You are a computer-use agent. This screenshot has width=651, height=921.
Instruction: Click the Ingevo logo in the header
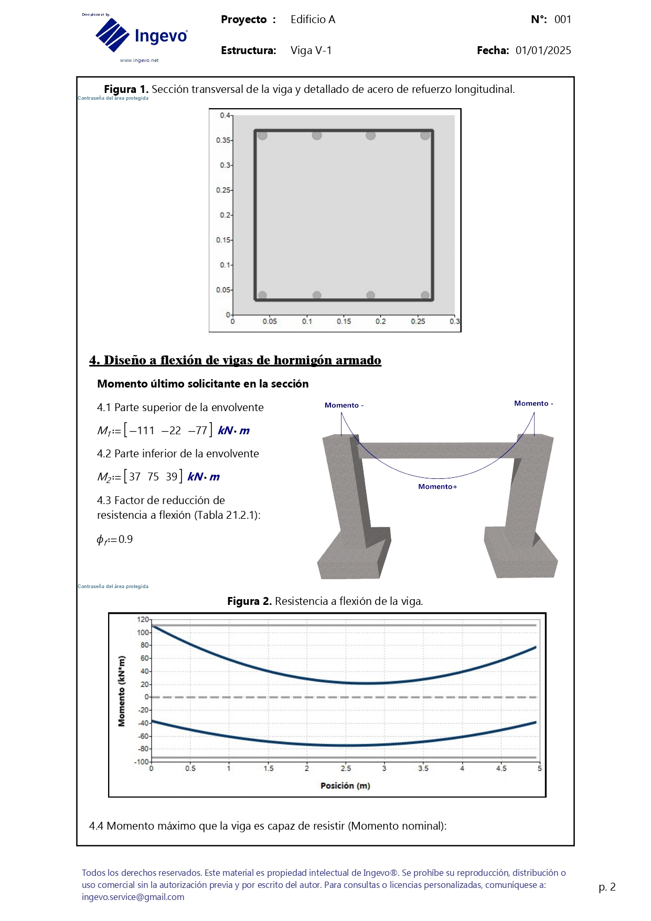click(x=141, y=36)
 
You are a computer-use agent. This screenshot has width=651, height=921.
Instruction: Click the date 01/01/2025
click(x=543, y=50)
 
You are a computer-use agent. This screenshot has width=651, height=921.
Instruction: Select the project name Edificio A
click(x=313, y=19)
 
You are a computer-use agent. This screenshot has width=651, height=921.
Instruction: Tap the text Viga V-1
click(x=311, y=50)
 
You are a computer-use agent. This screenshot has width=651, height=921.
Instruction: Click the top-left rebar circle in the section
click(x=263, y=135)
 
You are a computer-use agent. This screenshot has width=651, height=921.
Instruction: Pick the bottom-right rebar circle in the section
click(x=425, y=296)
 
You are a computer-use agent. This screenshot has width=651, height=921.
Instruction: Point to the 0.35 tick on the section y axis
click(x=223, y=140)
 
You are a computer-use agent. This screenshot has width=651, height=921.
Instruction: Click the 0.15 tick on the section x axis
click(x=344, y=321)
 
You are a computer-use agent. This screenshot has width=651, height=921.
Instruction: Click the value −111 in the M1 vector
click(x=142, y=431)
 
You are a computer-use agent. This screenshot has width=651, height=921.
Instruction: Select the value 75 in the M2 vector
click(x=153, y=477)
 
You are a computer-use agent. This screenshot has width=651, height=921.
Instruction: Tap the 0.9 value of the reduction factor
click(x=126, y=539)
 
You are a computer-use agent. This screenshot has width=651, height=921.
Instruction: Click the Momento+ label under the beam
click(x=437, y=487)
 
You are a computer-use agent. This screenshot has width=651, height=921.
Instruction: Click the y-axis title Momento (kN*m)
click(x=122, y=691)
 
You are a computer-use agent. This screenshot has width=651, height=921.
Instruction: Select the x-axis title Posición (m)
click(x=345, y=786)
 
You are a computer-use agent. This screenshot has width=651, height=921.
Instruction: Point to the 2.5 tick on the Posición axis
click(x=346, y=768)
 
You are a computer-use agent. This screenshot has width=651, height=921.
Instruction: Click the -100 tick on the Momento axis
click(x=142, y=761)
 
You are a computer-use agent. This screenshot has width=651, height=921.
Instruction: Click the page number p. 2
click(x=607, y=887)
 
